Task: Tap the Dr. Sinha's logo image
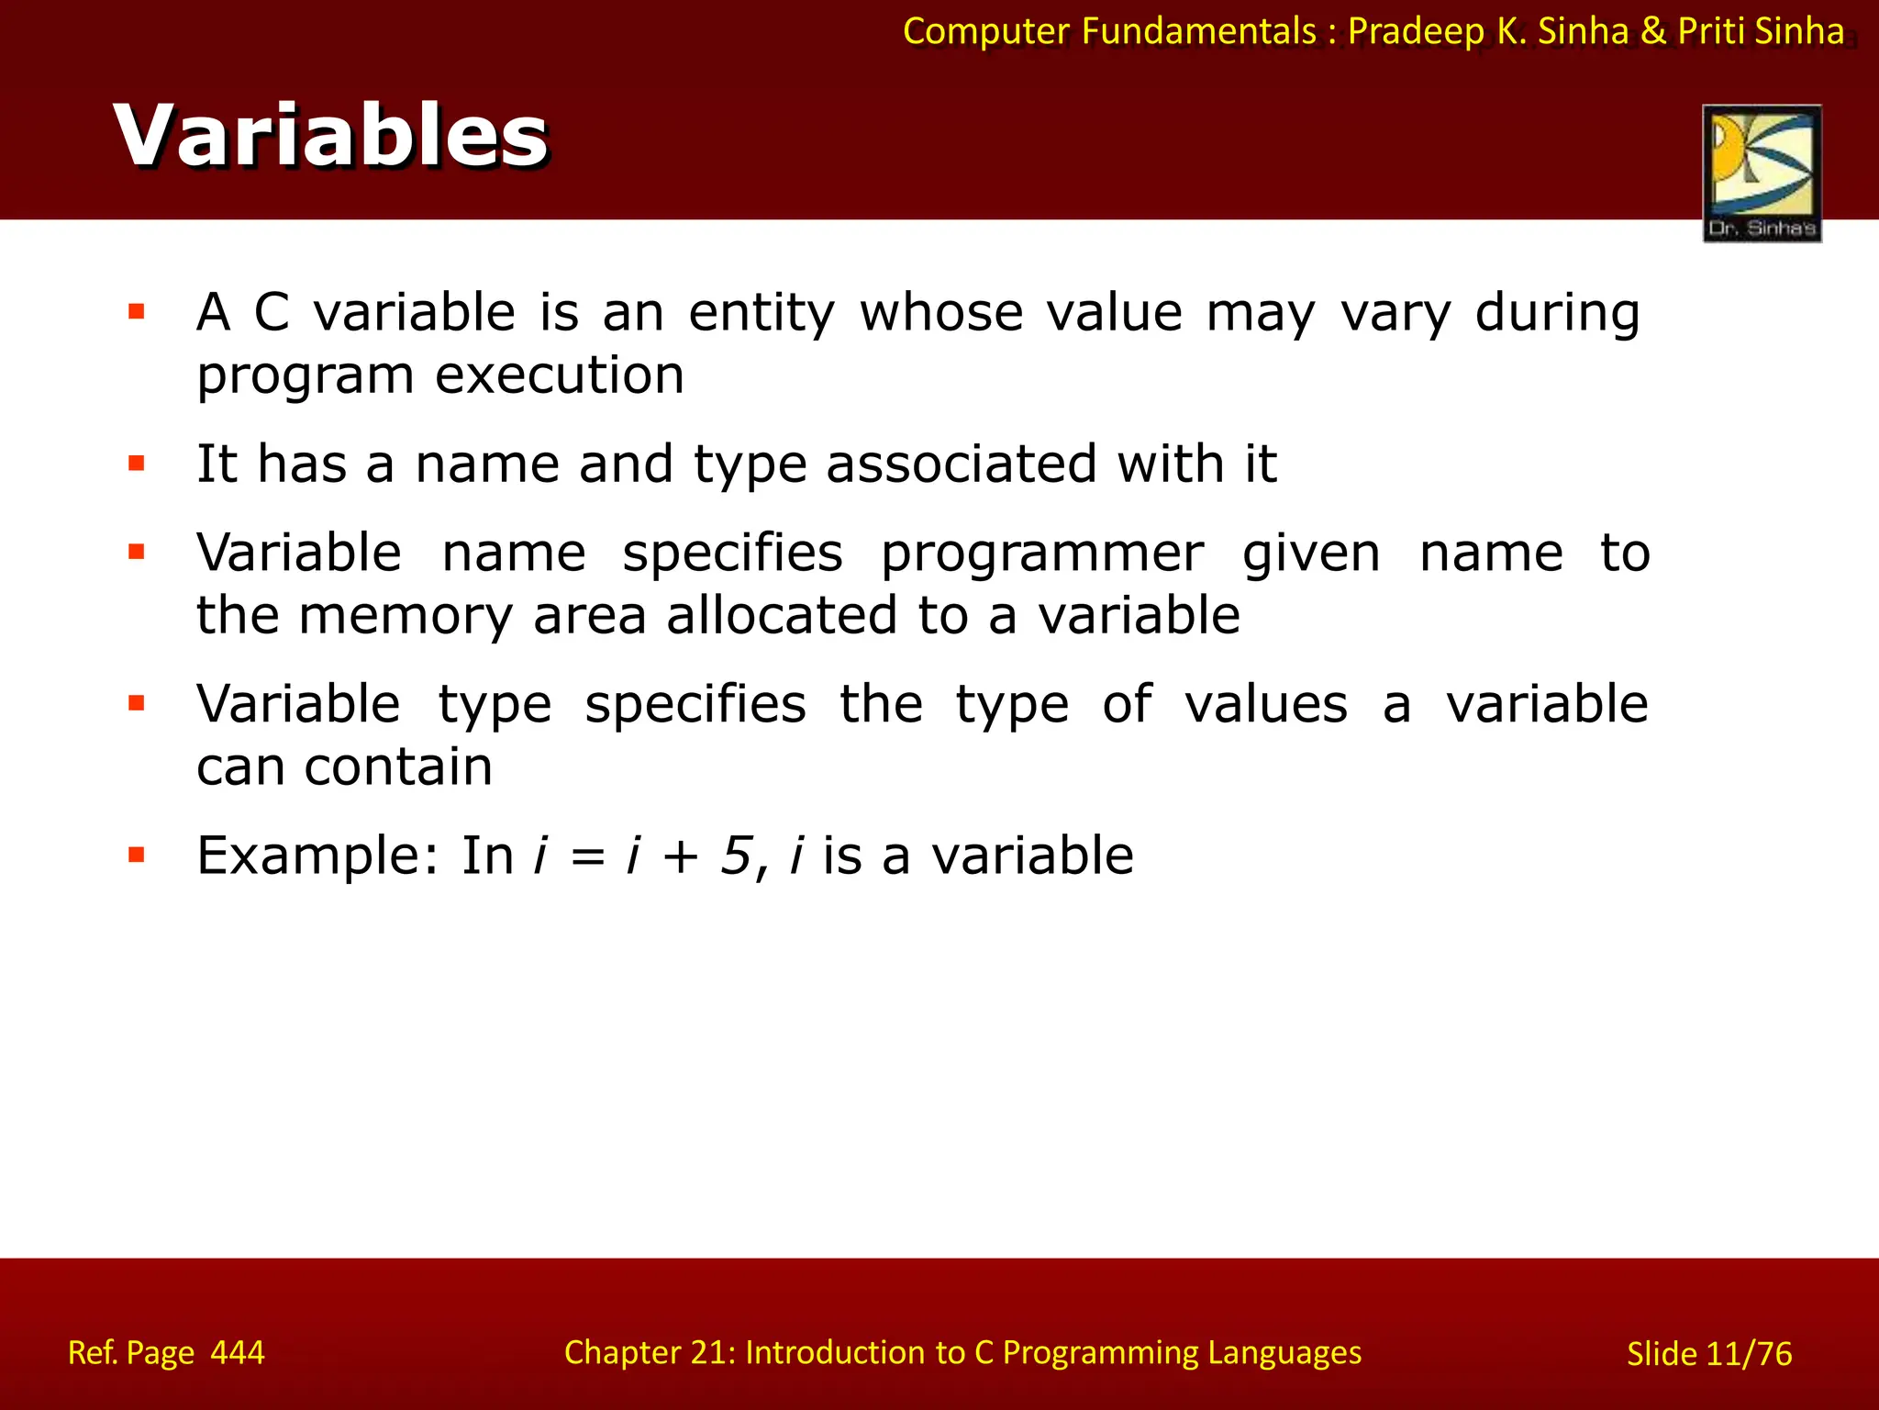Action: pos(1762,173)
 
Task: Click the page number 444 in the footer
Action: pos(237,1352)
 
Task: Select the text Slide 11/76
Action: pos(1708,1354)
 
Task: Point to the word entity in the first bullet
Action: pos(762,313)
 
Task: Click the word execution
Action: pos(559,375)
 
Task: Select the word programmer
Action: pos(1041,554)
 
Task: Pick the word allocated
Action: pos(781,615)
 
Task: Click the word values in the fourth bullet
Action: pos(1266,705)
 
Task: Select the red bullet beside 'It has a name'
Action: pos(137,463)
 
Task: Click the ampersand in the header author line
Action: pos(1652,31)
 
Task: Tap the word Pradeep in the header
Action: pos(1416,31)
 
